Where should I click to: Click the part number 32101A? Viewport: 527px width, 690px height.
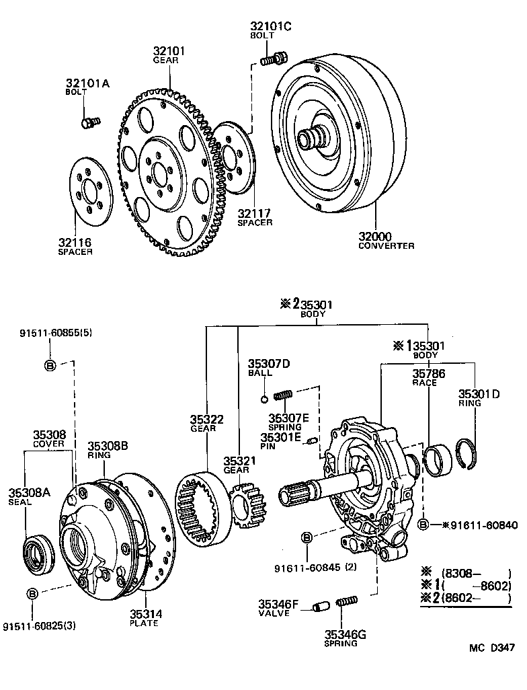(x=87, y=83)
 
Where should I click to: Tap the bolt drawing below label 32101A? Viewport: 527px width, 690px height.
(x=89, y=122)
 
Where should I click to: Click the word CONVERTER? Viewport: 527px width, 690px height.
(x=386, y=246)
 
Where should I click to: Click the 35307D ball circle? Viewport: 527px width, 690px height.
(x=265, y=398)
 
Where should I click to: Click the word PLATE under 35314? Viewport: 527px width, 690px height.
(x=145, y=623)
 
